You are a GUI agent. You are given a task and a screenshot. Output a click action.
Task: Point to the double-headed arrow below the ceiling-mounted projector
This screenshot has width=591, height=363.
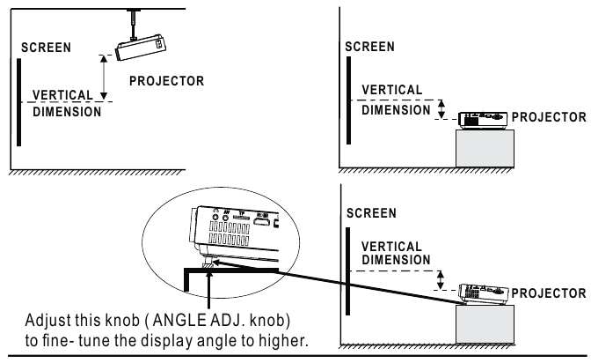click(x=105, y=78)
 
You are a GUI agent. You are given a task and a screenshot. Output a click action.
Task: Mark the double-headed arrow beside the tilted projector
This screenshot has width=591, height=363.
click(x=441, y=278)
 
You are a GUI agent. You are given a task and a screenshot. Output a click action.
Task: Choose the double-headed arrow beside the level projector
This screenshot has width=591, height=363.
click(x=442, y=109)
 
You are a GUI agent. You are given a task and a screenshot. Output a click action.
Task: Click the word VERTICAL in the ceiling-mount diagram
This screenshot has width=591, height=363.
click(x=60, y=94)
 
